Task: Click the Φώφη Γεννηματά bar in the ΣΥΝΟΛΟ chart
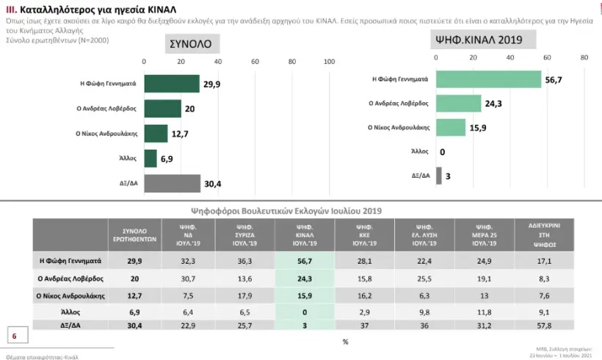[172, 84]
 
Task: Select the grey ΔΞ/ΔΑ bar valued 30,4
[172, 184]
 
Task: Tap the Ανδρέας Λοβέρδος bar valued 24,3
[458, 104]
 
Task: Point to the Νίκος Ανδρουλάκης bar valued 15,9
[451, 127]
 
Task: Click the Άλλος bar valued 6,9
[150, 159]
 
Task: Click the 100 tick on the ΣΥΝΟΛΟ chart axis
[330, 62]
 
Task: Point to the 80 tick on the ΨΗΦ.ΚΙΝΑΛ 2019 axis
[584, 57]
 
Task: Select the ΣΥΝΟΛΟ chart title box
[190, 43]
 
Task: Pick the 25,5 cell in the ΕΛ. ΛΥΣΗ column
[419, 278]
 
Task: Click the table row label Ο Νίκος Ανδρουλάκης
[70, 296]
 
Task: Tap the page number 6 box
[14, 336]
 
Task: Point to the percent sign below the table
[345, 342]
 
